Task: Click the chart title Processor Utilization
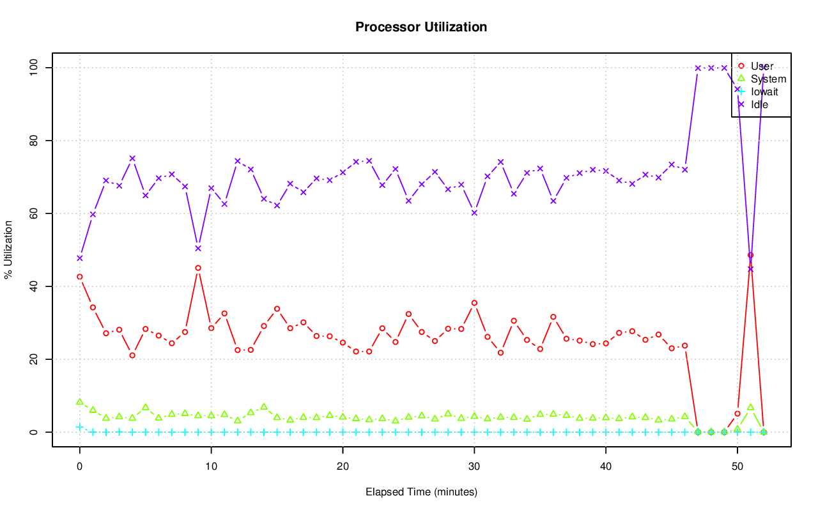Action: pyautogui.click(x=421, y=27)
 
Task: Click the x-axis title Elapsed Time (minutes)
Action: pyautogui.click(x=421, y=492)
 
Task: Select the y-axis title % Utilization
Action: pyautogui.click(x=8, y=250)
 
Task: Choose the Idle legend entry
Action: pyautogui.click(x=759, y=104)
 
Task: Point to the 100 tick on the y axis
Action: pyautogui.click(x=35, y=67)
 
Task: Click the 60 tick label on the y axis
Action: pyautogui.click(x=35, y=213)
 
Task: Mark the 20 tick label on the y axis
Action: pyautogui.click(x=35, y=359)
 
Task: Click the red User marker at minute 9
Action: pyautogui.click(x=198, y=268)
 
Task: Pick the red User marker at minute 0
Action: pyautogui.click(x=80, y=277)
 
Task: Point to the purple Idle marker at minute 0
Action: pyautogui.click(x=80, y=258)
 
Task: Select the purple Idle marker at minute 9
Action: pyautogui.click(x=198, y=248)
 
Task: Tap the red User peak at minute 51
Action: pyautogui.click(x=750, y=255)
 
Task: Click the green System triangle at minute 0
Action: pyautogui.click(x=80, y=402)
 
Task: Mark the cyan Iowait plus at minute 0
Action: pyautogui.click(x=80, y=426)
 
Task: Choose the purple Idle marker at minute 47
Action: pyautogui.click(x=698, y=68)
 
